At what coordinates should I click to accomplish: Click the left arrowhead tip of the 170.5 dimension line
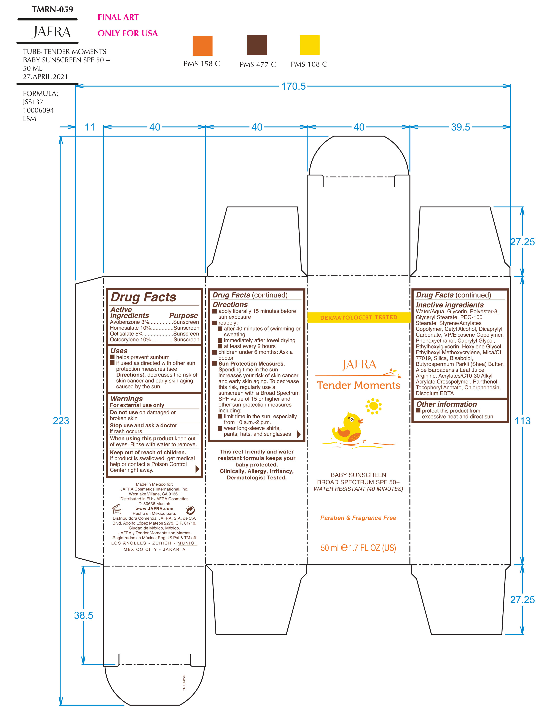pos(76,86)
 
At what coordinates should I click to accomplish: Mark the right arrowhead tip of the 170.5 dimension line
pos(511,86)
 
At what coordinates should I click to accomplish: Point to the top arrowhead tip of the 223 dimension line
pos(61,137)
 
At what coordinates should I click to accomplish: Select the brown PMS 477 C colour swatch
pos(257,45)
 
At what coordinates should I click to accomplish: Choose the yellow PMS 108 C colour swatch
pos(309,45)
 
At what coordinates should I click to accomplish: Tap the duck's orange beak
pos(361,421)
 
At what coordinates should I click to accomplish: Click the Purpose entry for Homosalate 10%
pos(186,328)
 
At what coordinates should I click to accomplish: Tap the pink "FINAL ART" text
pos(118,17)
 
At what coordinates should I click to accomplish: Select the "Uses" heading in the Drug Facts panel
pos(119,351)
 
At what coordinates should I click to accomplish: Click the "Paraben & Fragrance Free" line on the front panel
pos(358,518)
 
